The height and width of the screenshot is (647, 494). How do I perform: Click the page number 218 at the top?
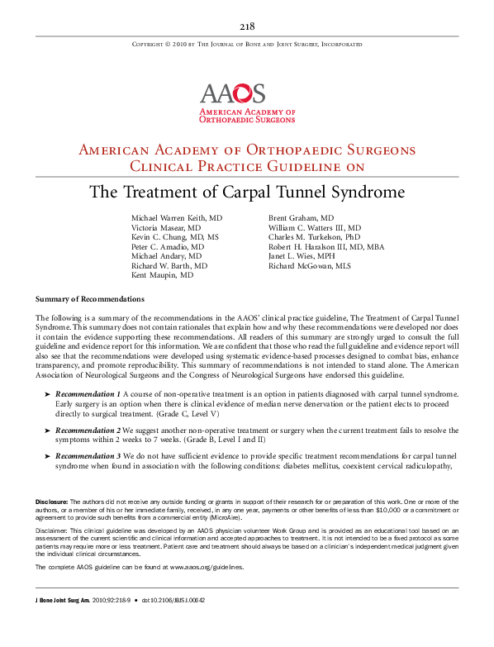[247, 26]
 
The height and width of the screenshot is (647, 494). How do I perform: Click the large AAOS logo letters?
[232, 93]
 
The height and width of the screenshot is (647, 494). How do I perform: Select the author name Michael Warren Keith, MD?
[177, 217]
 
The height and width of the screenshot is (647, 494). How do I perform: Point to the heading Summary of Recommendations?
[90, 299]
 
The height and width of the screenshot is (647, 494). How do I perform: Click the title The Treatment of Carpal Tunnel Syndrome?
[247, 193]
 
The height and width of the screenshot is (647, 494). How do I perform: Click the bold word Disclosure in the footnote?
[51, 502]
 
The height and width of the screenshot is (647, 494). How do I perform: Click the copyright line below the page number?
[247, 44]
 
